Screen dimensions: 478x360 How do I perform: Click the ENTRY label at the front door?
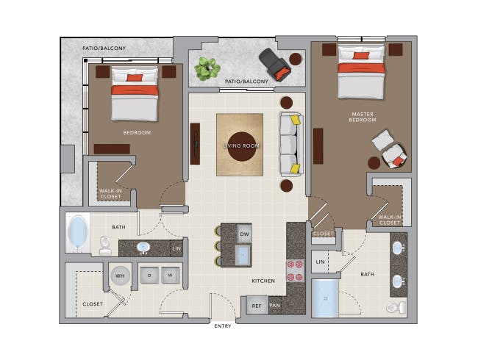coord(223,326)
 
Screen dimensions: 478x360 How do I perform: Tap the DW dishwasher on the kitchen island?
coord(244,234)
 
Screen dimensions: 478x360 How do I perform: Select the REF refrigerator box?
coord(257,305)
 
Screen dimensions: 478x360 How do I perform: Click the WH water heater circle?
coord(120,276)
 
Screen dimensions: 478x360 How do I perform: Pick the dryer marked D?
coord(149,276)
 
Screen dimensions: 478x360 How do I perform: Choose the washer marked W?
coord(171,276)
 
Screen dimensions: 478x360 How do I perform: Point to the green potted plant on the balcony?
coord(207,69)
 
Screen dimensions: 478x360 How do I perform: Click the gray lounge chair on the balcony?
coord(275,65)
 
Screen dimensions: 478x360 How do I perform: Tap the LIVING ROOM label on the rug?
coord(241,146)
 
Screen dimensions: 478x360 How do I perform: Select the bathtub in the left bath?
coord(78,233)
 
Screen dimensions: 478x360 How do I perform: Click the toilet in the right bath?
coord(396,307)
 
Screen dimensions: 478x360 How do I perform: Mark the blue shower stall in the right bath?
coord(325,298)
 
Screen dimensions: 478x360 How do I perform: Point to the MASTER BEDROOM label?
coord(363,117)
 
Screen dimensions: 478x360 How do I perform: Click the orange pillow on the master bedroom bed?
coord(361,55)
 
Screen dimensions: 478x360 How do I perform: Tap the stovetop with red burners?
coord(295,270)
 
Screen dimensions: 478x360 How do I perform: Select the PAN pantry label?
coord(275,305)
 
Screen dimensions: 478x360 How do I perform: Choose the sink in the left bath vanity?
coord(143,248)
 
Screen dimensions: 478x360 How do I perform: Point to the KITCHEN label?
coord(263,281)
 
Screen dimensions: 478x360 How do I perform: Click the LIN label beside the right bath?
coord(320,262)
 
